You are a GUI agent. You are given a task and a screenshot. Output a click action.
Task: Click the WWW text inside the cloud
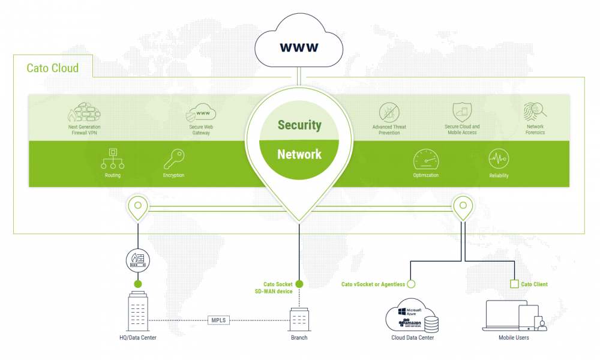299,46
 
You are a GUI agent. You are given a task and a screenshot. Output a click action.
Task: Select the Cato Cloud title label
53,68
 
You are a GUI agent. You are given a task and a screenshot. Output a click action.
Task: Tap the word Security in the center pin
299,125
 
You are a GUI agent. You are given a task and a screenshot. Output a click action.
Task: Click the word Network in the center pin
299,154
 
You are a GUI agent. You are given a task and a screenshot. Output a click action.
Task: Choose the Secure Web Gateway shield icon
201,112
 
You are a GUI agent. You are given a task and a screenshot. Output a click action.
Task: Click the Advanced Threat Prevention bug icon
389,112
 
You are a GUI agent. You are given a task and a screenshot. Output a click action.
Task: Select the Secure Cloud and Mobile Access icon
461,112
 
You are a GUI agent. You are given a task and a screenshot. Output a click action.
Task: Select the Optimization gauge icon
425,160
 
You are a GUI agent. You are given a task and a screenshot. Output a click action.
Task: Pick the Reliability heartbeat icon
499,160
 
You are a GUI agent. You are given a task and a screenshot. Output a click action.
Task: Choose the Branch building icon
299,319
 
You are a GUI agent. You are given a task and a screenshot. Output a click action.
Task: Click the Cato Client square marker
514,284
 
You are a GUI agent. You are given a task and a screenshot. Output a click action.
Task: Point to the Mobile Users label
514,338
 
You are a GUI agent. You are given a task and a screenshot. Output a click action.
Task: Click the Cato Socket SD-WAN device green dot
299,284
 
